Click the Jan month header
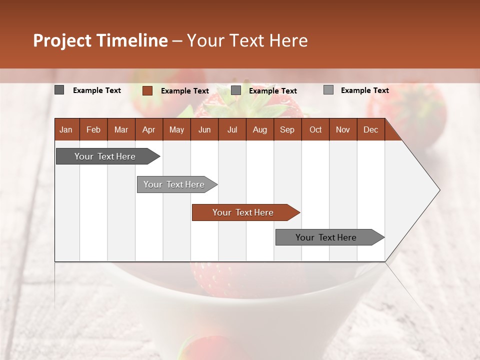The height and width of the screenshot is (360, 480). (x=66, y=130)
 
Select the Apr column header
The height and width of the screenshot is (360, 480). (x=149, y=130)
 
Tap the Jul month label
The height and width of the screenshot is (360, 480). (x=232, y=130)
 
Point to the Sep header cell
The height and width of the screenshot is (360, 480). (x=287, y=130)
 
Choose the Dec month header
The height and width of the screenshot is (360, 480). (x=370, y=130)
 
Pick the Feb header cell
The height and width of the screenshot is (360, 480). (x=93, y=130)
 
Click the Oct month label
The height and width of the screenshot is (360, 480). (x=315, y=130)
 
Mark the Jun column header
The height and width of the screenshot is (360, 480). (x=204, y=130)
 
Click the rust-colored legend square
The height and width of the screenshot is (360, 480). (x=147, y=90)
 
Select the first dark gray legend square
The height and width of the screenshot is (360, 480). (x=59, y=90)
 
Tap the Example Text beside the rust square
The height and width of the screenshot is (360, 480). (x=185, y=91)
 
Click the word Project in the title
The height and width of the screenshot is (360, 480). (x=62, y=40)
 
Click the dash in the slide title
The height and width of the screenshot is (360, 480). (x=177, y=41)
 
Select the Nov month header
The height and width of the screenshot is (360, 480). (x=342, y=130)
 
